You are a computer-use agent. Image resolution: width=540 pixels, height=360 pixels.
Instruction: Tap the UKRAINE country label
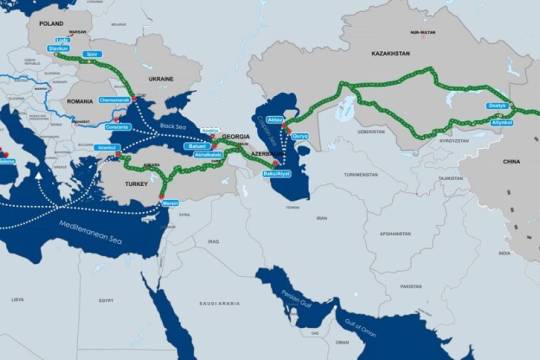pyautogui.click(x=160, y=77)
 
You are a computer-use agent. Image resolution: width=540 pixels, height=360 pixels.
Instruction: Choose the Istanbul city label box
pyautogui.click(x=106, y=148)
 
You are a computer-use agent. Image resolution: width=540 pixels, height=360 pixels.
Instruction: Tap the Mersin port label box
pyautogui.click(x=170, y=204)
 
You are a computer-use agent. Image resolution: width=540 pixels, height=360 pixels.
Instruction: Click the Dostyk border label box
pyautogui.click(x=497, y=105)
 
